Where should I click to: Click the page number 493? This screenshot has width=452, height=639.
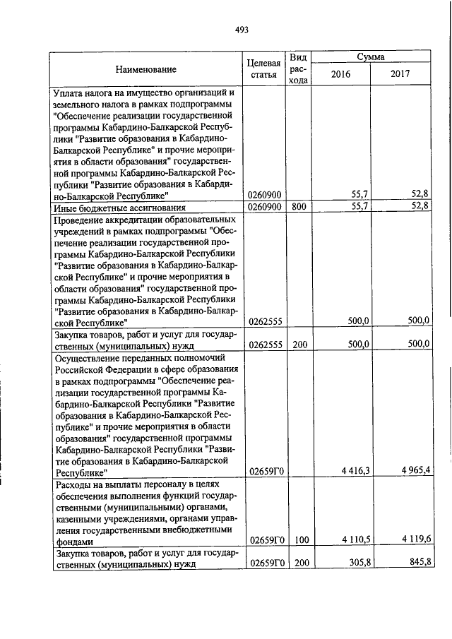coord(242,29)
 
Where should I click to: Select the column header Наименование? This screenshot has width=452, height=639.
coord(147,69)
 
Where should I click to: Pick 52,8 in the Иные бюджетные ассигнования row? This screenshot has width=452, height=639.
coord(420,207)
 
